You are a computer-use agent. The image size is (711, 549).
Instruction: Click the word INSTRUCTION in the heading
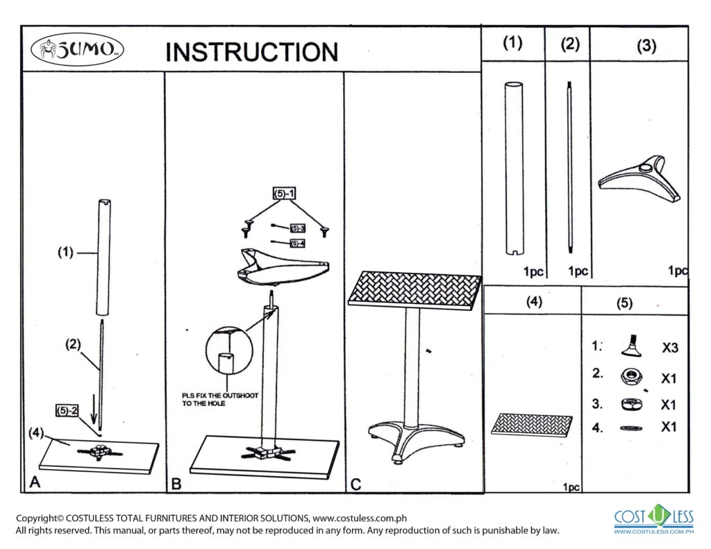point(251,51)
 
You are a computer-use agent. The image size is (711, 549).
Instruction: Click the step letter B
point(176,484)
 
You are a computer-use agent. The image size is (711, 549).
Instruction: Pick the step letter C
point(355,484)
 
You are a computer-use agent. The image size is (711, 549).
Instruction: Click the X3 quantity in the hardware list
point(669,348)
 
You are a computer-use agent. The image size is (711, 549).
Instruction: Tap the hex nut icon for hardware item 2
point(631,376)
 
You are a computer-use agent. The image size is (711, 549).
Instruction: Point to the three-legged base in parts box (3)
point(642,177)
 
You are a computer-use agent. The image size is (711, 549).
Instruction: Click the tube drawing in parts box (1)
point(513,167)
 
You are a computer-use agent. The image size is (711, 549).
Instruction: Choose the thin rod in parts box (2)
point(569,167)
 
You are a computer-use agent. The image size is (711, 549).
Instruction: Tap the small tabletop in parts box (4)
point(532,424)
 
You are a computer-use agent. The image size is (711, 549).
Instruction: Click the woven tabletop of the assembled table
point(415,288)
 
